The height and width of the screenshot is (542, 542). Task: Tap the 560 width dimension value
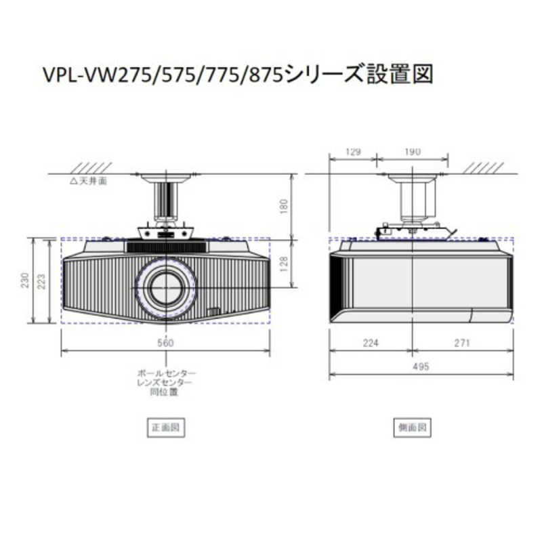[x=166, y=343]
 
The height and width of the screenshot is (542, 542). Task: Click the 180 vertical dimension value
[x=285, y=205]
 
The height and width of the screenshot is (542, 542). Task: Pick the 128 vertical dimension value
[x=285, y=263]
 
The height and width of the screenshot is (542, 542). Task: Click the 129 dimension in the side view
[x=352, y=152]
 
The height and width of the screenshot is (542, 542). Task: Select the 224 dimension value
[x=370, y=343]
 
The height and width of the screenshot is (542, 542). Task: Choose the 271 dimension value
[x=461, y=343]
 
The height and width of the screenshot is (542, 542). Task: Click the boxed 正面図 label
[x=166, y=428]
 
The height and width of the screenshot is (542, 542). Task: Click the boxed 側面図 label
[x=412, y=428]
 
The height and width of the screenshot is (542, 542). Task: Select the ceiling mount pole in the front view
[x=166, y=200]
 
